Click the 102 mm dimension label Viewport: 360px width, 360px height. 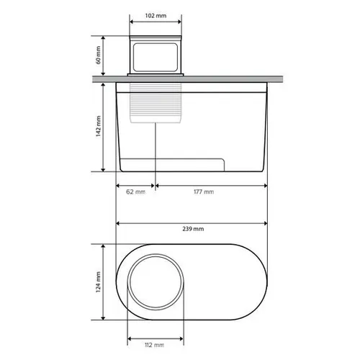click(156, 16)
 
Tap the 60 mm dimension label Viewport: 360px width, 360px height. click(98, 55)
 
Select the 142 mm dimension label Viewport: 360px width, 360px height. click(98, 126)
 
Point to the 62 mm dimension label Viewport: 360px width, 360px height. click(135, 192)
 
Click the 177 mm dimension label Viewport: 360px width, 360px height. click(204, 192)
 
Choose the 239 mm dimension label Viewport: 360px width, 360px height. click(193, 229)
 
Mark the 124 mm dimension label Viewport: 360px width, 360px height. click(98, 282)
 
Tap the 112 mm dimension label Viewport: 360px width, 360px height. click(155, 345)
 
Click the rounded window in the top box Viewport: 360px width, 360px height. click(156, 58)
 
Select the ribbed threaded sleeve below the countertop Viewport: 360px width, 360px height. click(156, 103)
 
